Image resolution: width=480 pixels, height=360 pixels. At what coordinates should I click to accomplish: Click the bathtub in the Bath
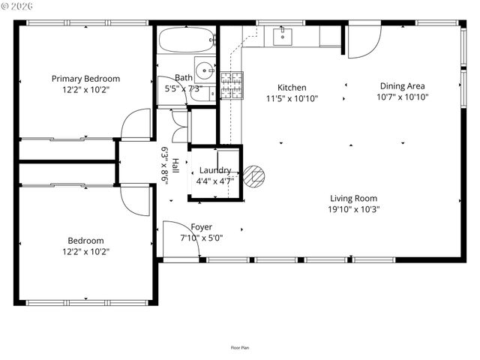pos(186,40)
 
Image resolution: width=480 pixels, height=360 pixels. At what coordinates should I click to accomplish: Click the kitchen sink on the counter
pos(283,36)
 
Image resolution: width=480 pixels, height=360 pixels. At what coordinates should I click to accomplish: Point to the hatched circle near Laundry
pos(256,175)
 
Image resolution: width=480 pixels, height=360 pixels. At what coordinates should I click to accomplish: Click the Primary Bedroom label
pos(85,79)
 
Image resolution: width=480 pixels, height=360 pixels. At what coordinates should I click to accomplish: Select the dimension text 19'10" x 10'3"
pos(355,210)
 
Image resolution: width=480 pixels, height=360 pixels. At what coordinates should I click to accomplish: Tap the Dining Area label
pos(402,85)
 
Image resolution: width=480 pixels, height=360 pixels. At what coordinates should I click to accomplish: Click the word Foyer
pos(201,226)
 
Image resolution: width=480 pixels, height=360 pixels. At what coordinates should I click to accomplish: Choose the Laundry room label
pos(214,170)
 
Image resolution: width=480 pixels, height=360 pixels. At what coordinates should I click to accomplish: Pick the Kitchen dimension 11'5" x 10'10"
pos(292,98)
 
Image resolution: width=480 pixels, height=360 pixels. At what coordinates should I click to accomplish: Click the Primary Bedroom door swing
pos(137,125)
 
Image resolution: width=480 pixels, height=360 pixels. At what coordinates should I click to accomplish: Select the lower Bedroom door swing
pos(136,200)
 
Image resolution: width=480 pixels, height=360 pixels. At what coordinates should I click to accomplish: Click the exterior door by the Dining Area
pos(359,42)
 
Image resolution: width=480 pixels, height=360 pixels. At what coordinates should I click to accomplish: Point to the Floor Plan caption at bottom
pos(240,347)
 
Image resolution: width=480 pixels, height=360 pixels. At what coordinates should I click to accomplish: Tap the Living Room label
pos(354,199)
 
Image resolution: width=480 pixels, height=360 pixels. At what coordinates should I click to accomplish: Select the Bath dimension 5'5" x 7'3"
pos(183,88)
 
